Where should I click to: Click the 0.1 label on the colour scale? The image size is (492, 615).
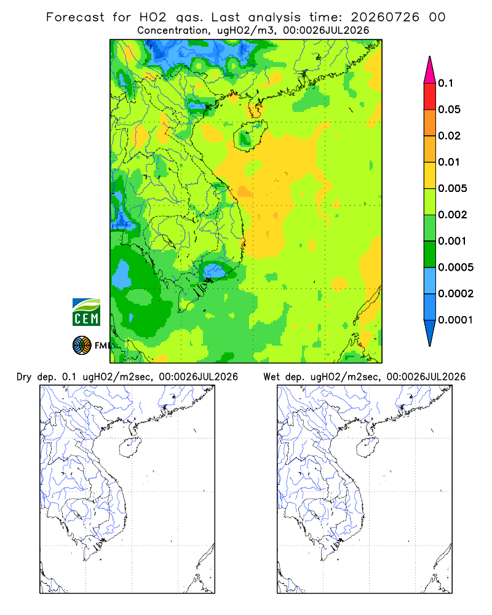pos(445,83)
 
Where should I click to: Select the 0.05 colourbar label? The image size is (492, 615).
pos(449,109)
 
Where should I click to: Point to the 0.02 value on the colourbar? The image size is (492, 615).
pos(449,136)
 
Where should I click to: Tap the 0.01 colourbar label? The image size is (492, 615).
pos(449,162)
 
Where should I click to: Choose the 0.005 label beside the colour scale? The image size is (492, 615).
pos(453,188)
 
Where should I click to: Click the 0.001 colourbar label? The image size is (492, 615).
pos(453,241)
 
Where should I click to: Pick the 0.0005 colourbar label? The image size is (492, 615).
pos(456,267)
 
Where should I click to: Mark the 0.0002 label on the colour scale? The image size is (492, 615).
pos(456,293)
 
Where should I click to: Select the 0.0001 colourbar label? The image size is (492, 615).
pos(456,320)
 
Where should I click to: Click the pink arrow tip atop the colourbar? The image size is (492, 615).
pos(430,57)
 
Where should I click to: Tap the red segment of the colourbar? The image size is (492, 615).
pos(430,96)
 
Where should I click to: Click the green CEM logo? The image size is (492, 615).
pos(86,312)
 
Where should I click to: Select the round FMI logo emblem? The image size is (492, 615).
pos(82,346)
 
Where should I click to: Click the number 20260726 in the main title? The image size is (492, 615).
pos(385,17)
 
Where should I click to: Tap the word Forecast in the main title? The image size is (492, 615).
pos(75,17)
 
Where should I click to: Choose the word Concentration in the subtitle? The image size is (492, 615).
pos(173,31)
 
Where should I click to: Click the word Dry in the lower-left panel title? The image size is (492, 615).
pos(24,377)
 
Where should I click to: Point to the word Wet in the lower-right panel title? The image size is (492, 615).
pos(271,377)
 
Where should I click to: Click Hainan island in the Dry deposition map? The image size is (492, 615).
pos(130,448)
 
